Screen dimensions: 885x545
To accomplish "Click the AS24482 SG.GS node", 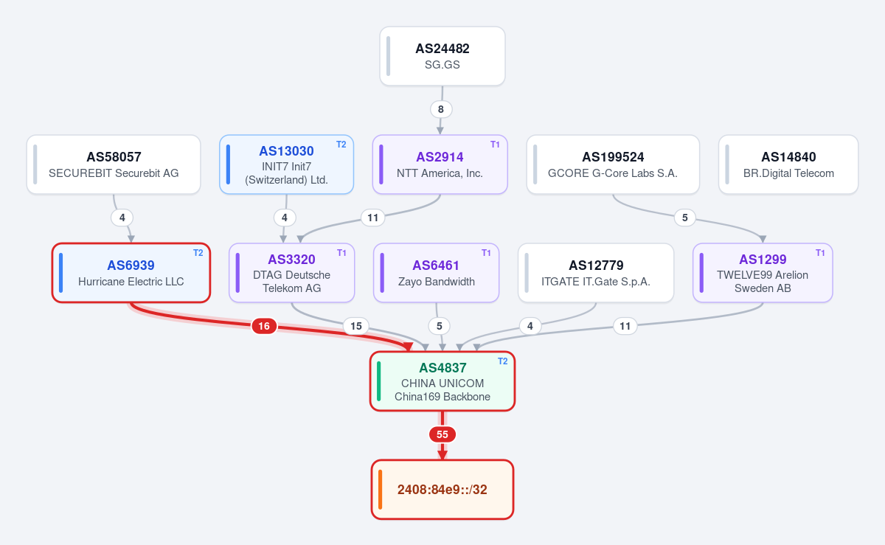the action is point(442,56).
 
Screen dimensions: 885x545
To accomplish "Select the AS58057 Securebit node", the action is point(114,164).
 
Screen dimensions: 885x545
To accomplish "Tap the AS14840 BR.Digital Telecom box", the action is point(788,164).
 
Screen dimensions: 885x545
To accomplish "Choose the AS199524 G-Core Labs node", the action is point(613,164).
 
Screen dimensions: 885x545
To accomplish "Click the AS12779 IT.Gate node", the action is point(596,273).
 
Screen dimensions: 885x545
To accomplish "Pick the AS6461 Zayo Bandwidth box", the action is point(436,273).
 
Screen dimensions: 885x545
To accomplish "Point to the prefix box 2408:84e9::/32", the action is point(442,489).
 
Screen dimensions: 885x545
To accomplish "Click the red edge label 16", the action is point(264,326).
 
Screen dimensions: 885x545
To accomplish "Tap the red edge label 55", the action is point(442,434).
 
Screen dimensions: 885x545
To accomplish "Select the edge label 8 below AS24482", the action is point(441,109).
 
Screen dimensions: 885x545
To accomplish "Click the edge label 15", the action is point(356,326).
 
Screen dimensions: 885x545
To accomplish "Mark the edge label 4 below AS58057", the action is point(122,218).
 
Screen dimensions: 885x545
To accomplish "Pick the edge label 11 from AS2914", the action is point(372,218).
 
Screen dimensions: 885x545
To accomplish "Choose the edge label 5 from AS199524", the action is point(684,218).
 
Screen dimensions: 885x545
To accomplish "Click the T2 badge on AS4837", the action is point(502,361).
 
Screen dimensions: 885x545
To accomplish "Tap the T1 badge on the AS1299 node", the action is point(820,253).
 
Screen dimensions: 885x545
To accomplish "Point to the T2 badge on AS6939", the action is point(198,253).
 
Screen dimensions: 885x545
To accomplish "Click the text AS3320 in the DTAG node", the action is point(291,260).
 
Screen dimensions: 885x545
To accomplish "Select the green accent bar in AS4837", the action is point(379,381).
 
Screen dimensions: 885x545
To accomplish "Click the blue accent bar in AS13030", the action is point(228,164).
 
